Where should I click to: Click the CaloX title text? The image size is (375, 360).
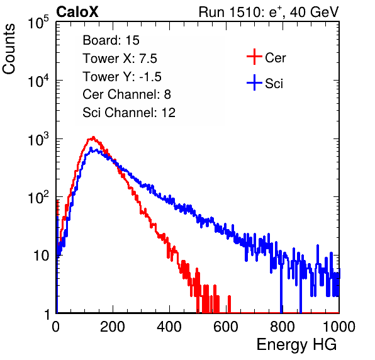(x=77, y=12)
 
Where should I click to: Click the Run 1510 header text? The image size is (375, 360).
(x=269, y=12)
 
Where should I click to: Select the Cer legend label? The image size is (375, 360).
(x=275, y=58)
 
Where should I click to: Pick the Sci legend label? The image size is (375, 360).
(x=274, y=84)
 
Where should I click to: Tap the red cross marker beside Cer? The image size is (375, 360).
(x=254, y=57)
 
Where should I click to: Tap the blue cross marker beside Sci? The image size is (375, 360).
(x=254, y=82)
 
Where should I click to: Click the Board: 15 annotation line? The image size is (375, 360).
(x=111, y=40)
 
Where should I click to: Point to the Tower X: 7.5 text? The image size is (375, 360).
(x=120, y=59)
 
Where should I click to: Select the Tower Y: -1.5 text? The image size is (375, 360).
(x=122, y=77)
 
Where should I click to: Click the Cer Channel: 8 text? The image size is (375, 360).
(x=126, y=94)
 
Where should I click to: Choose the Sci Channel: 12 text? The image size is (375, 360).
(x=129, y=113)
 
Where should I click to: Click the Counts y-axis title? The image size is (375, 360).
(x=9, y=49)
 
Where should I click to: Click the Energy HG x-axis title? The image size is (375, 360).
(x=296, y=344)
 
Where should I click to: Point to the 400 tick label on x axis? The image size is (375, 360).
(x=169, y=327)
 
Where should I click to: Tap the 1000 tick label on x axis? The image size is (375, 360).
(x=339, y=327)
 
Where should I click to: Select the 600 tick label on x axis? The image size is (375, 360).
(x=226, y=327)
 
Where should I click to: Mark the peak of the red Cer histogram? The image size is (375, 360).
(x=94, y=137)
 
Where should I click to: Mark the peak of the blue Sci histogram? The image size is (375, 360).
(x=91, y=149)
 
